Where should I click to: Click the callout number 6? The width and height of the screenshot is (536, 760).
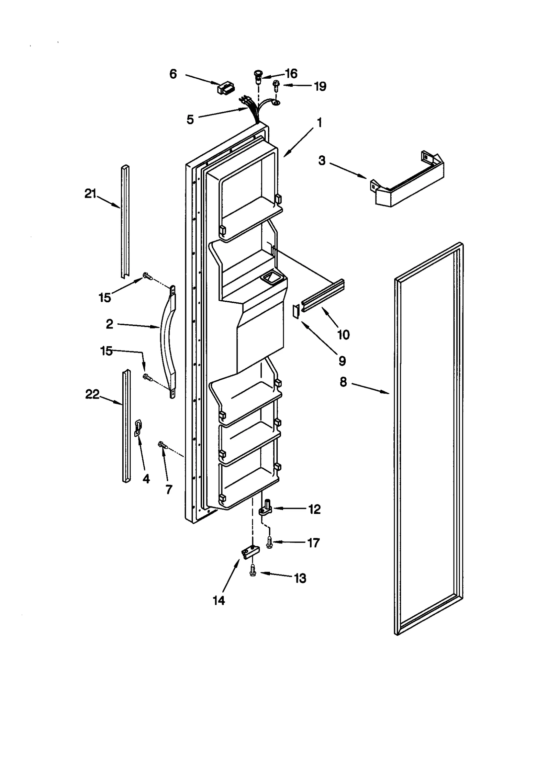tap(173, 74)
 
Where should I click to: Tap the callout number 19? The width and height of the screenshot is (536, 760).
tap(320, 86)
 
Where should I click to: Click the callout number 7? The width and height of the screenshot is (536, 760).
tap(169, 490)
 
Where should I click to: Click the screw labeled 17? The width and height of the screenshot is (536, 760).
tap(269, 542)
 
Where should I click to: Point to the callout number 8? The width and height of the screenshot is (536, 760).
tap(343, 382)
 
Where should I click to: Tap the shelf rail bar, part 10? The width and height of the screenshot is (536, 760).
tap(323, 293)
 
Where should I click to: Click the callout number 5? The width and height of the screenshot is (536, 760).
tap(190, 119)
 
